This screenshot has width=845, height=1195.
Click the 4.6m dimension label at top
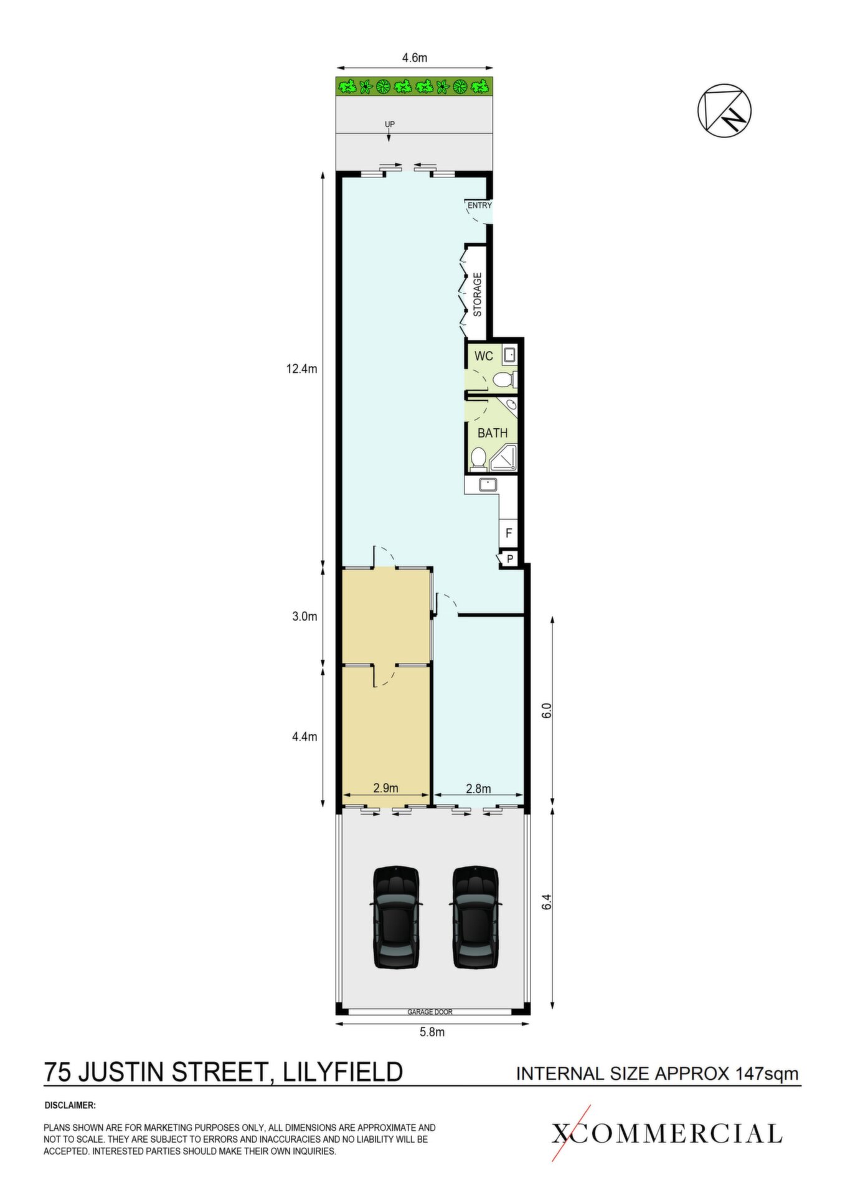point(414,58)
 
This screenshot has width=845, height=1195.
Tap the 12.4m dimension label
point(301,369)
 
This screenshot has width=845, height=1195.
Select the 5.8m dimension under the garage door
point(432,1032)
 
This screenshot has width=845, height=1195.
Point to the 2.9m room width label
point(385,788)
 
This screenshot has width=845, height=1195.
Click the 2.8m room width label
point(478,789)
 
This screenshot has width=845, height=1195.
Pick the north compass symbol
point(724,110)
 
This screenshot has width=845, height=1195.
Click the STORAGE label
point(478,294)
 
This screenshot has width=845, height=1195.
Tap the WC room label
point(484,356)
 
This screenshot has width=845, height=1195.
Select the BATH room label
point(493,433)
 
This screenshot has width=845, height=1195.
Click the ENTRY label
point(479,205)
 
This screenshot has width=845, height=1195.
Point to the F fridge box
point(509,533)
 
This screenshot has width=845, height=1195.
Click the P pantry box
point(509,559)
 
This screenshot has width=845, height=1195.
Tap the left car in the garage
point(395,917)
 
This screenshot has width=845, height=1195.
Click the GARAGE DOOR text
point(430,1012)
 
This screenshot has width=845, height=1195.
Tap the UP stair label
point(390,124)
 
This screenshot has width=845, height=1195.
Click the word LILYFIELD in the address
point(343,1072)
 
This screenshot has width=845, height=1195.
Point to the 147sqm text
point(767,1074)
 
